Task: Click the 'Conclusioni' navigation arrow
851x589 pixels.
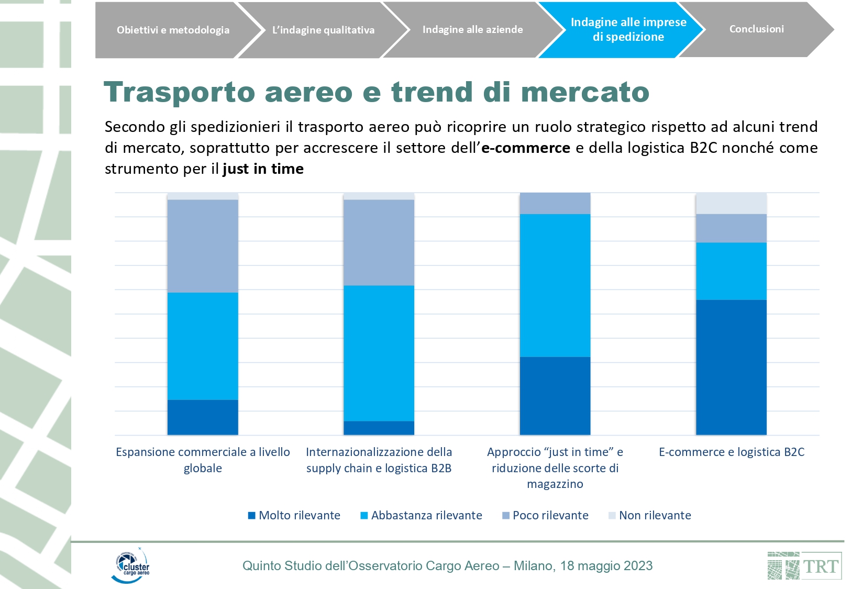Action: [x=756, y=29]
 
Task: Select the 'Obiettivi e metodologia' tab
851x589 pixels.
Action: [x=173, y=30]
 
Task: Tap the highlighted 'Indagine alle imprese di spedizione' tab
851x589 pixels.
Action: [x=628, y=29]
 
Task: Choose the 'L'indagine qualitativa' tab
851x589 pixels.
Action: [x=323, y=30]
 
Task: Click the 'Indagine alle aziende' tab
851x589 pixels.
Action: [x=472, y=30]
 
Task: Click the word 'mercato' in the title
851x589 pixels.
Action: [x=585, y=93]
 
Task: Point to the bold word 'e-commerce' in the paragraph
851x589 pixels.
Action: [x=525, y=148]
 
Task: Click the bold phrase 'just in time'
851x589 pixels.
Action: [x=263, y=169]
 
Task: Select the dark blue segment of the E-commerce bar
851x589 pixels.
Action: [x=731, y=366]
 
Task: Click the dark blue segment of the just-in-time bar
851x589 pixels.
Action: [x=555, y=395]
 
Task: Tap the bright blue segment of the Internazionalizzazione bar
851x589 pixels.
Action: [x=379, y=353]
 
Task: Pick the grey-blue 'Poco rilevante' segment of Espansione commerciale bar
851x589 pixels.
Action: [x=203, y=246]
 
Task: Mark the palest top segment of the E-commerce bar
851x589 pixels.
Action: [x=731, y=204]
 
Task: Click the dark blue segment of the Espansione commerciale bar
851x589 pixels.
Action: [x=203, y=417]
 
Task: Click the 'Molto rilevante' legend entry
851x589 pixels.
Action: [x=294, y=515]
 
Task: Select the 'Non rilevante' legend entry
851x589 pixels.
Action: [x=650, y=515]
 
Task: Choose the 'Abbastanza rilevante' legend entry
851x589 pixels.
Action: [x=422, y=515]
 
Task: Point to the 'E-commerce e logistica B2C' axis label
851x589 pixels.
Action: [x=731, y=452]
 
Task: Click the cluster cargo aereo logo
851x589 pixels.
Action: [x=130, y=565]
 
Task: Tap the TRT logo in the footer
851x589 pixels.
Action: [x=804, y=565]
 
